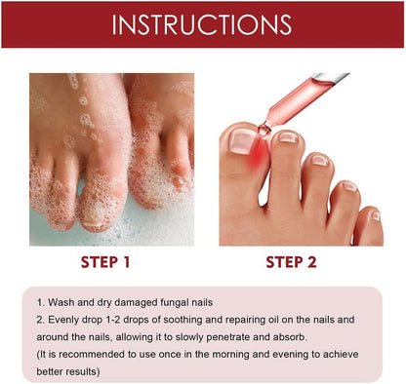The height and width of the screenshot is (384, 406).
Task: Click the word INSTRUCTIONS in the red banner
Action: point(202,24)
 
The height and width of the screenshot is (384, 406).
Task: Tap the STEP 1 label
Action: point(93,262)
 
